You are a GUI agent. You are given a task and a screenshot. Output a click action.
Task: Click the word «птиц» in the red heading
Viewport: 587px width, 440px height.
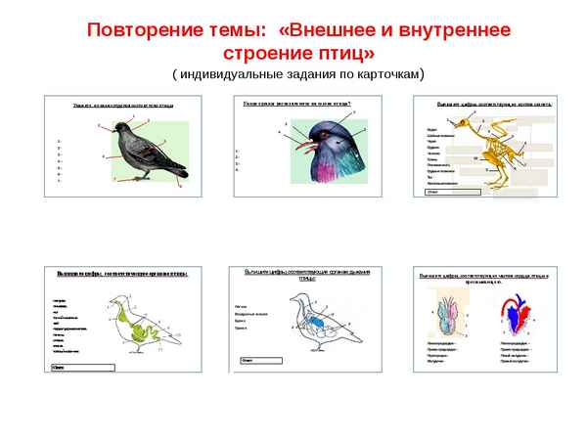pyautogui.click(x=339, y=51)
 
